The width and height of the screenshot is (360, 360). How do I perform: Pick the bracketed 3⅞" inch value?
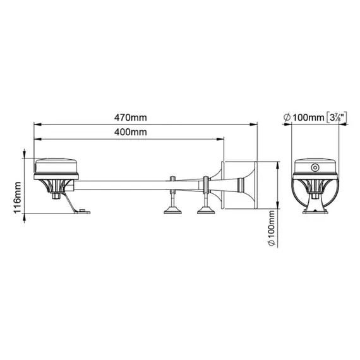pyautogui.click(x=335, y=116)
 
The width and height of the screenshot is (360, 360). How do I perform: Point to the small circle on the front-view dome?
pyautogui.click(x=314, y=167)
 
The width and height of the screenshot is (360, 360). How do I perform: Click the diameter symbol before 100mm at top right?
pyautogui.click(x=287, y=117)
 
